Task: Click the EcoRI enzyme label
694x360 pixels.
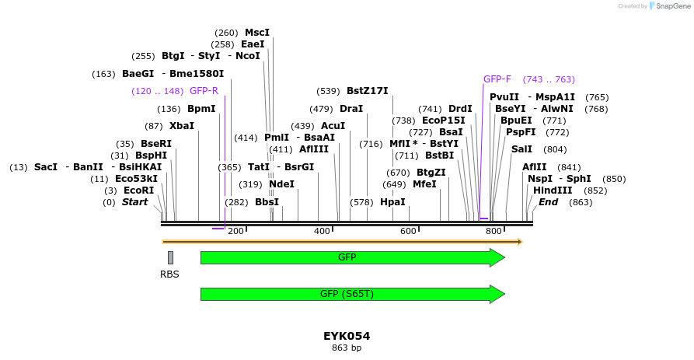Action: click(x=138, y=190)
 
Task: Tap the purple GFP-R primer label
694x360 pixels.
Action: click(x=204, y=91)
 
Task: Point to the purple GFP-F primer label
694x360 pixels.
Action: click(x=497, y=79)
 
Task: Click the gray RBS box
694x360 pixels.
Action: click(x=170, y=257)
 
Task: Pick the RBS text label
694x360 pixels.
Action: click(x=169, y=274)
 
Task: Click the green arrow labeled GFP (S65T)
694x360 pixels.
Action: click(x=352, y=294)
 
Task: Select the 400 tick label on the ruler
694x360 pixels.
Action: click(x=322, y=231)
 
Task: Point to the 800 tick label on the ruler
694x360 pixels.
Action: click(x=493, y=231)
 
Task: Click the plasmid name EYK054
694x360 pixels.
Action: click(x=347, y=336)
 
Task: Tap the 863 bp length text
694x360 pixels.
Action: click(x=347, y=348)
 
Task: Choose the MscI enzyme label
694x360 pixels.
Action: click(x=257, y=33)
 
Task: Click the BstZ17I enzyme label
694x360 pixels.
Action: click(x=368, y=91)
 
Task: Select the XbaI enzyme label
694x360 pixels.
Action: click(x=182, y=126)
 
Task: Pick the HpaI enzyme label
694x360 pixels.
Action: click(x=392, y=202)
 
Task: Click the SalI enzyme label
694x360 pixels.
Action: click(x=522, y=149)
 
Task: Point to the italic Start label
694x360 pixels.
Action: click(x=134, y=202)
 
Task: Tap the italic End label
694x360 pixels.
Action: click(x=548, y=202)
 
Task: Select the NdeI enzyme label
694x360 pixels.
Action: click(x=281, y=184)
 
